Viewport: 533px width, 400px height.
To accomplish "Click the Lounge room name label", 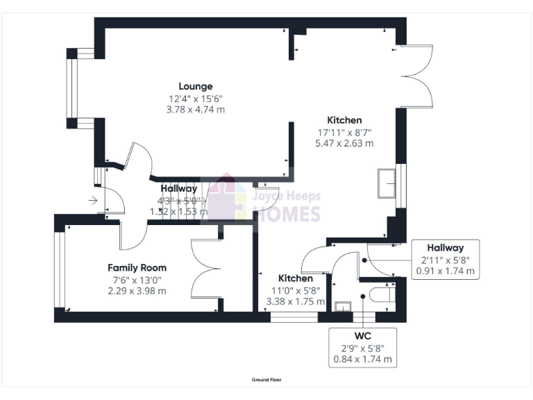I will point(196,86).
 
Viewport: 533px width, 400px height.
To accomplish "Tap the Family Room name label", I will point(137,267).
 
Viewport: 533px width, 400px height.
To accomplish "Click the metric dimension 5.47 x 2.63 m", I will point(344,144).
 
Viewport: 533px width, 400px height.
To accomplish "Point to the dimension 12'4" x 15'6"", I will point(196,99).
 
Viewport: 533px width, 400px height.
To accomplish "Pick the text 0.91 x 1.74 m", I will point(445,272).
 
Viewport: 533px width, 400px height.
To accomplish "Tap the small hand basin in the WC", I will point(342,306).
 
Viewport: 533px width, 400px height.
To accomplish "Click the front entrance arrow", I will point(94,201).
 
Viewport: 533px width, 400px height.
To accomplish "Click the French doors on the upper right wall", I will point(418,76).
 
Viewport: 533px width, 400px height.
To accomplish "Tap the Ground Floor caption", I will point(266,380).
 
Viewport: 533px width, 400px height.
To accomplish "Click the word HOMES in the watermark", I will point(286,215).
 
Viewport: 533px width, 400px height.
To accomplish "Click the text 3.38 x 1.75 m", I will point(296,302).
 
